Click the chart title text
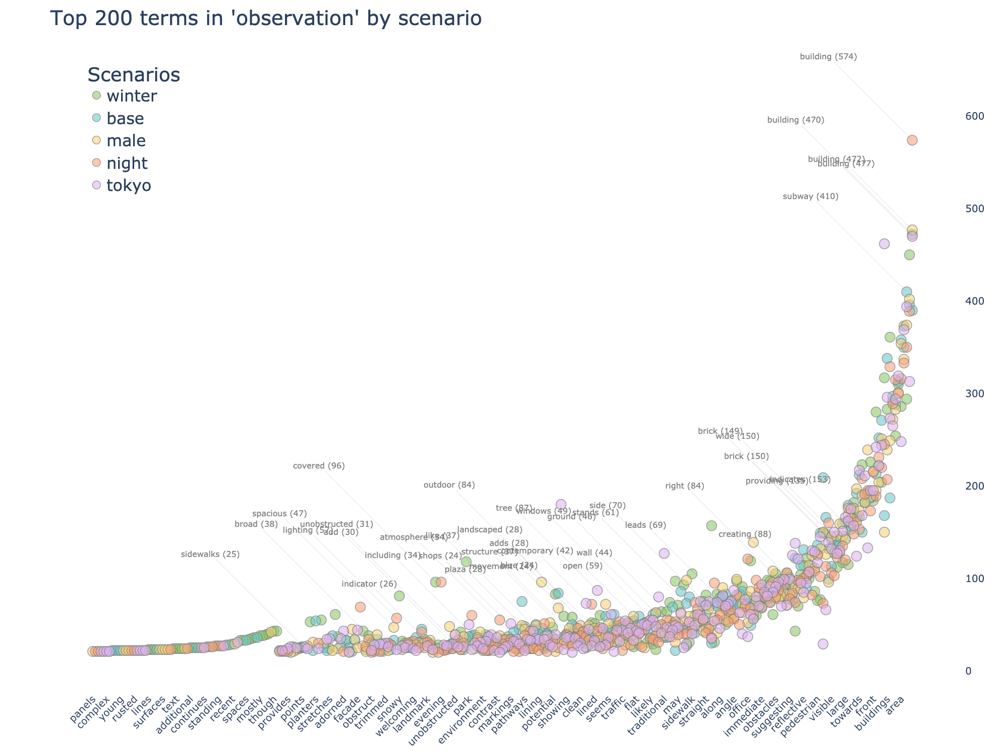[266, 19]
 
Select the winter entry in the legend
[132, 96]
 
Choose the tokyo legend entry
[129, 185]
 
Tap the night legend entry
[127, 163]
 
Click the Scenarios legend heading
[134, 75]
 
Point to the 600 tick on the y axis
[974, 116]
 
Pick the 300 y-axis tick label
[974, 394]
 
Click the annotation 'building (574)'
[828, 57]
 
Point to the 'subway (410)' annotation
[811, 197]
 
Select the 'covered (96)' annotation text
[319, 466]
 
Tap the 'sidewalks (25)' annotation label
[211, 555]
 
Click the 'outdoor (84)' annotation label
[449, 485]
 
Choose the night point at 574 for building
[913, 140]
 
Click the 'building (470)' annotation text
[796, 120]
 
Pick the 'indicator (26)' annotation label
[369, 584]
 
